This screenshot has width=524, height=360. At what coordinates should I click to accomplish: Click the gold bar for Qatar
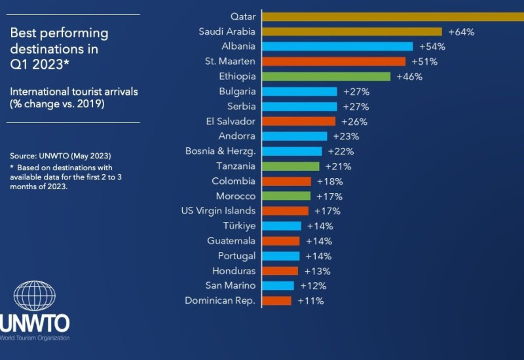coord(393,16)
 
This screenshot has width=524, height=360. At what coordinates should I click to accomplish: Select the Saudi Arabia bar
coord(352,31)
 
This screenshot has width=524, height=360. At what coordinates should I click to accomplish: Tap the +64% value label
coord(461,31)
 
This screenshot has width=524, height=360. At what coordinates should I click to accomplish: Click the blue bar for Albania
coord(338,46)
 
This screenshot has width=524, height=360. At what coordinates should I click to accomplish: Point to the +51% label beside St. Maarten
coord(424,62)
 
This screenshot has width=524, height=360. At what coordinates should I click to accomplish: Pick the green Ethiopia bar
coord(326,77)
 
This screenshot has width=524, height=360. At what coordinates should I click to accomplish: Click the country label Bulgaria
coord(237,92)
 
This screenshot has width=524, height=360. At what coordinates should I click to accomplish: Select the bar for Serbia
coord(300,107)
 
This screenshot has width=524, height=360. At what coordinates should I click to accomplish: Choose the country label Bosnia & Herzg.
coord(221,151)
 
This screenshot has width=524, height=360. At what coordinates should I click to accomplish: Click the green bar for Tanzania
coord(292,166)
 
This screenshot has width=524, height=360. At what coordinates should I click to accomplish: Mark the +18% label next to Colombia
coord(329,181)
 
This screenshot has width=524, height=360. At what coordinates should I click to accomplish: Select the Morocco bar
coord(287,196)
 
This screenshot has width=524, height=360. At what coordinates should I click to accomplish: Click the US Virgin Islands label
coord(218,211)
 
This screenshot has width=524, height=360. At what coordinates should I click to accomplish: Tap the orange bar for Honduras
coord(280,271)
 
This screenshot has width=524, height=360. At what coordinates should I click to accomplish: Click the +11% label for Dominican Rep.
coord(310,301)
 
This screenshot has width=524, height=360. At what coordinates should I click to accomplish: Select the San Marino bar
coord(278,286)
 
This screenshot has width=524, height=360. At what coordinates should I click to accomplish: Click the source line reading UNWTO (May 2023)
coord(60,156)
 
